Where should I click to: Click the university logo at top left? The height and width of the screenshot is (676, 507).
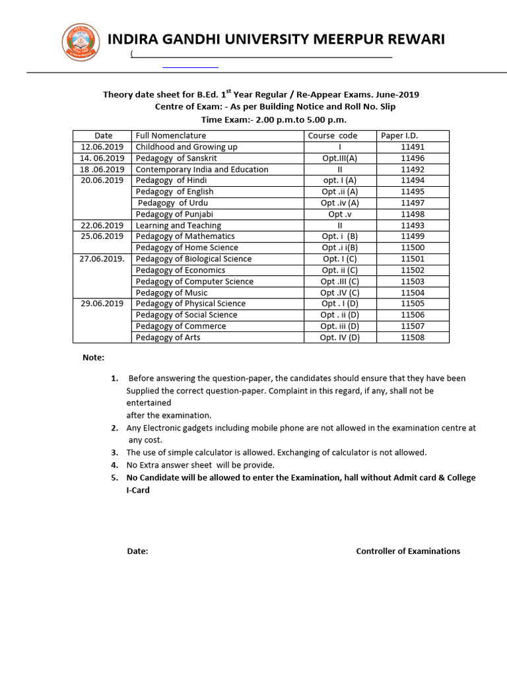click(x=81, y=42)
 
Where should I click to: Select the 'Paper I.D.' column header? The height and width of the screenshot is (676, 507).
click(x=399, y=135)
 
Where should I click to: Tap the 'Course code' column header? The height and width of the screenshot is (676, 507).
click(x=333, y=135)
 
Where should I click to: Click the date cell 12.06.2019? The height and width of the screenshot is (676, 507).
click(x=102, y=147)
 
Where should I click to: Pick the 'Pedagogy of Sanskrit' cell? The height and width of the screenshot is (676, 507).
click(x=176, y=158)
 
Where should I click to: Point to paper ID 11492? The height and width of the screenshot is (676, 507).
click(x=413, y=169)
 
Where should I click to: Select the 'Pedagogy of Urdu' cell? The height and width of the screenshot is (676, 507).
click(x=173, y=203)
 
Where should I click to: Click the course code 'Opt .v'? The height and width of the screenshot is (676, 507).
click(x=339, y=214)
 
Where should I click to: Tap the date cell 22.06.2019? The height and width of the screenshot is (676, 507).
click(x=102, y=225)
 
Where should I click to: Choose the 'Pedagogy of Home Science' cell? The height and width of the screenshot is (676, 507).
click(x=187, y=248)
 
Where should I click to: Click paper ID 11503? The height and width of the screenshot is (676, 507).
click(x=413, y=281)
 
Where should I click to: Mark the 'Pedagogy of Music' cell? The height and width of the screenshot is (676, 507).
click(x=171, y=292)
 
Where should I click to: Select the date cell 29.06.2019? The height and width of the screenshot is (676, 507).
click(x=102, y=304)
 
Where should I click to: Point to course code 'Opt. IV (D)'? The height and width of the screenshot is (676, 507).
click(x=339, y=337)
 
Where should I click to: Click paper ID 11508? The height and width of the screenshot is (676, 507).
click(x=413, y=337)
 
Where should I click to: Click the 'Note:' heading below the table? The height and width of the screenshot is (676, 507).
click(x=93, y=357)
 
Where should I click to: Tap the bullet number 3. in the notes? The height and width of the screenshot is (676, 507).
click(x=114, y=452)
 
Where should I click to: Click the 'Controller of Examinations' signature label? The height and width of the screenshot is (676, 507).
click(x=408, y=551)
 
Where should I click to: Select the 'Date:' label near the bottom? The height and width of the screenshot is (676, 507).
click(x=137, y=551)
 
